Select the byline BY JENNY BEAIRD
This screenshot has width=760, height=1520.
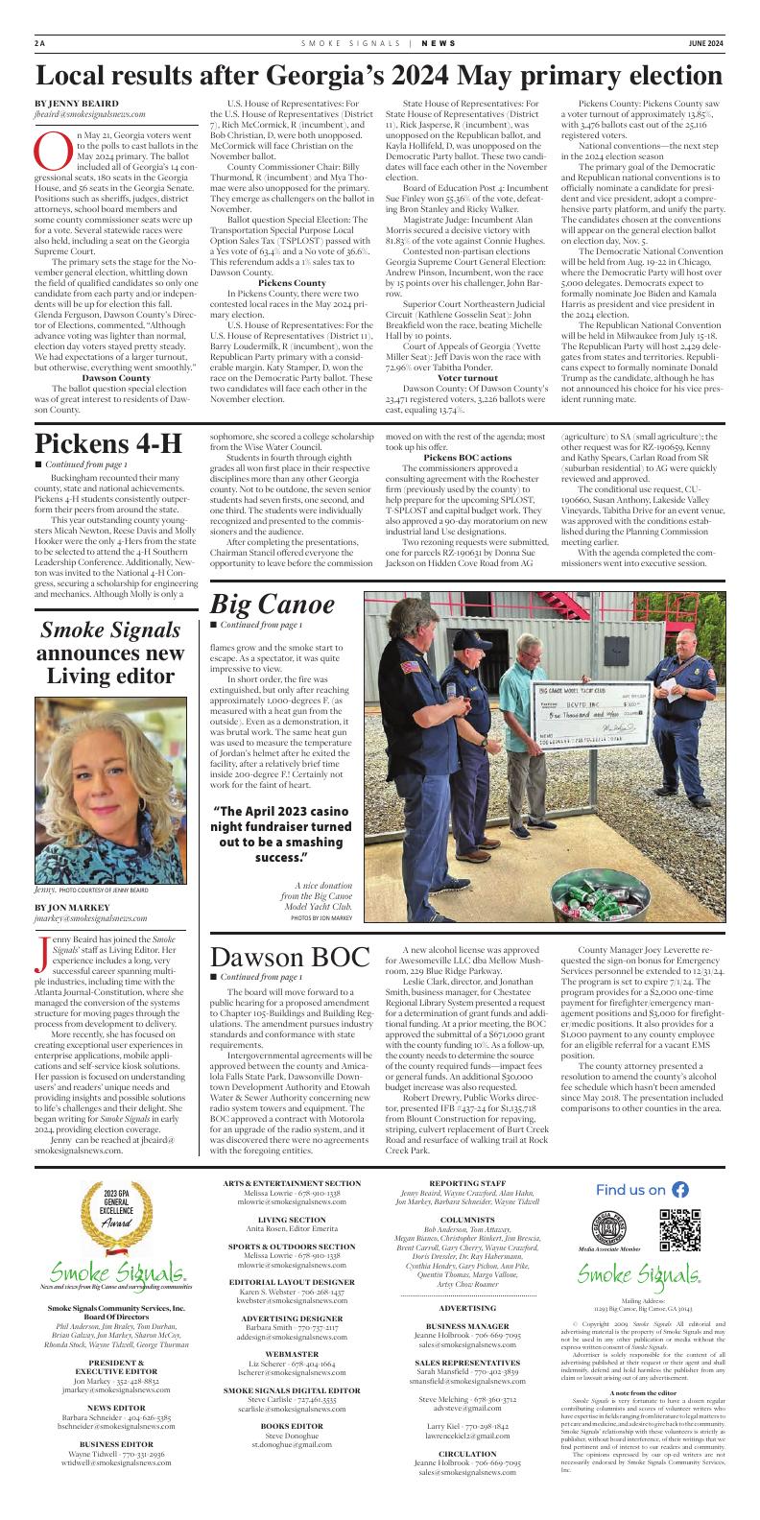77,103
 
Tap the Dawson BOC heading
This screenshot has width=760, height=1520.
290,957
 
